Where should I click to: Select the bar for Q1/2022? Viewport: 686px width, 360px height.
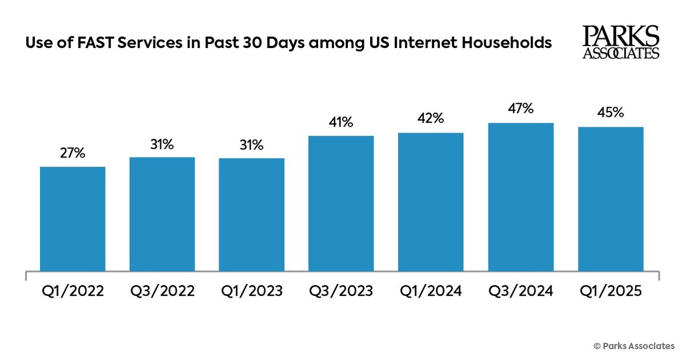pos(73,219)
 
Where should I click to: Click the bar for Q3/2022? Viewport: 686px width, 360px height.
pos(162,213)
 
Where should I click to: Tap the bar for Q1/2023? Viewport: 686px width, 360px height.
pos(251,214)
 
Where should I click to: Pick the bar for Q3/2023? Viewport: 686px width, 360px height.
pos(341,203)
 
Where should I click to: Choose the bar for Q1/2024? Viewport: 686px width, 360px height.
pos(430,201)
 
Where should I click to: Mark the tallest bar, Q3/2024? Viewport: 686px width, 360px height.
pos(521,197)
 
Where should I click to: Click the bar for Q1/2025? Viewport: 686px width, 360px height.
pos(610,199)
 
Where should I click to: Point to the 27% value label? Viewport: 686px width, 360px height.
pos(73,153)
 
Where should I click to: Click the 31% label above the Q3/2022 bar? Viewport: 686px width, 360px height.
pos(162,144)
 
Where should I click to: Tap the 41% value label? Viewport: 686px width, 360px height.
pos(341,122)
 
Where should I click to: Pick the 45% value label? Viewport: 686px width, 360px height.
pos(610,113)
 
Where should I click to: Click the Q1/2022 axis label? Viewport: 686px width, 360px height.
pos(73,291)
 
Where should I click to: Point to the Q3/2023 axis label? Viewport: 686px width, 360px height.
pos(341,291)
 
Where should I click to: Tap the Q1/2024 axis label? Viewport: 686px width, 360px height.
pos(430,291)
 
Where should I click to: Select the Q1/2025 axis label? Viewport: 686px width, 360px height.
pos(610,291)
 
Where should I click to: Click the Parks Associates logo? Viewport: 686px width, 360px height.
pos(621,42)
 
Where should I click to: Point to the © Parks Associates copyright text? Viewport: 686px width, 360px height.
pos(633,346)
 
